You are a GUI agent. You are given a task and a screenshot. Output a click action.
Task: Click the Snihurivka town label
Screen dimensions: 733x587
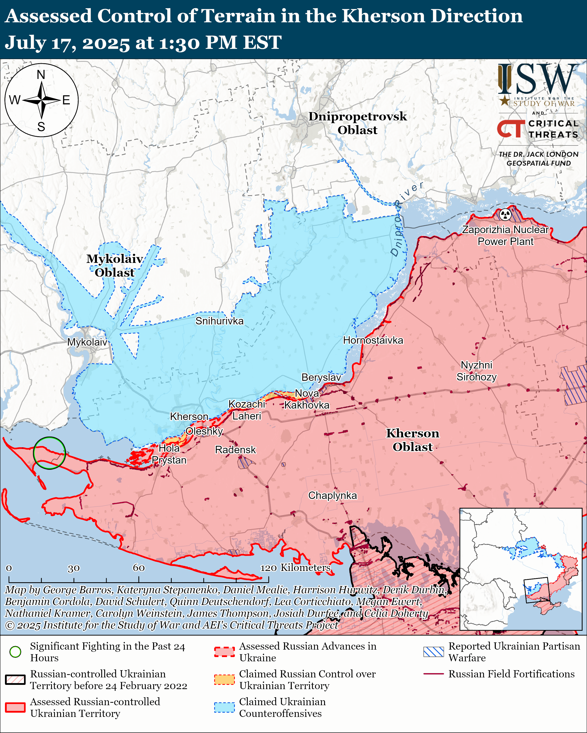click(x=219, y=321)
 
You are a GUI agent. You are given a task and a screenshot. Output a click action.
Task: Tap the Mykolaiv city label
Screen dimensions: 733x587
click(x=87, y=342)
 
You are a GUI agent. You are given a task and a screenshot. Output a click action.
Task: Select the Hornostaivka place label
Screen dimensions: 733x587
click(x=373, y=340)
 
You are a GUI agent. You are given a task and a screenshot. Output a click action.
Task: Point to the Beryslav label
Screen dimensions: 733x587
click(x=321, y=377)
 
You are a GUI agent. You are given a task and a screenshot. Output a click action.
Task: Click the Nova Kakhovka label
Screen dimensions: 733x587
click(x=307, y=399)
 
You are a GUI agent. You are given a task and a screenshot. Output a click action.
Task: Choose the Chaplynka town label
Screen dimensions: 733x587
click(x=333, y=495)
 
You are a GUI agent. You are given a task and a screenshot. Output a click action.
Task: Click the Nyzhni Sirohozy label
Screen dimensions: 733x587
click(x=476, y=371)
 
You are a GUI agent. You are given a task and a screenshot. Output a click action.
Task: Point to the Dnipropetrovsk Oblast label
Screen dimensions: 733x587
click(x=357, y=123)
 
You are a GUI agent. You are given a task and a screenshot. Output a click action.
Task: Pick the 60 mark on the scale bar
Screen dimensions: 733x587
click(x=139, y=568)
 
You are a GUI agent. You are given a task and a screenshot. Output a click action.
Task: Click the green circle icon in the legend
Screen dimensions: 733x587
click(x=15, y=652)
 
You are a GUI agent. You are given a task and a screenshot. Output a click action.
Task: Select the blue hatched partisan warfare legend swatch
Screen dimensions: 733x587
click(x=433, y=652)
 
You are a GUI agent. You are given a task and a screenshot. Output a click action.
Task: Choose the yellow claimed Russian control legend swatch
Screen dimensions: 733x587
click(x=224, y=680)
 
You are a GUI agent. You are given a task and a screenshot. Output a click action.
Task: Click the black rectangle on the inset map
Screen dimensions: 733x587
click(x=536, y=590)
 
